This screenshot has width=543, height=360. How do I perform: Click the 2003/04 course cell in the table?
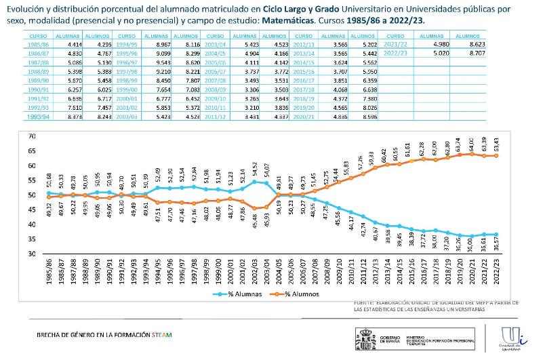216,43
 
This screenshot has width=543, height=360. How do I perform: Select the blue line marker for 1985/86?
48,193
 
